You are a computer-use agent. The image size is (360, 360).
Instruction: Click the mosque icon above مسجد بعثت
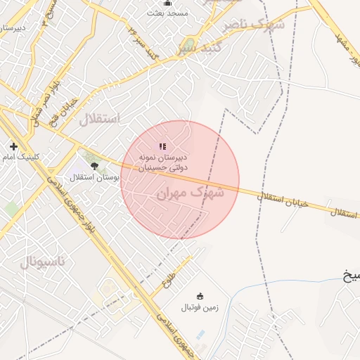(x=166, y=3)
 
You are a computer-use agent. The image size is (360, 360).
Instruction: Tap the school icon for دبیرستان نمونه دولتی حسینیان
(x=162, y=146)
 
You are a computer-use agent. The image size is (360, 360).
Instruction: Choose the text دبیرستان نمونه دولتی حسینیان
(x=162, y=163)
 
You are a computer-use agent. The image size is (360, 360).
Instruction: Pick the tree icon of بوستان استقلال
(x=95, y=166)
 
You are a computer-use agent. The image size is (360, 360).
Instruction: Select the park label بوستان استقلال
(x=95, y=177)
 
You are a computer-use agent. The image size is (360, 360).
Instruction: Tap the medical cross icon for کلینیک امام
(x=13, y=146)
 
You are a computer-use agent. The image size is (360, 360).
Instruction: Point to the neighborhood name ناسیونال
(x=41, y=262)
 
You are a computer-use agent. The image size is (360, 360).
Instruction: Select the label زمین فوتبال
(x=200, y=307)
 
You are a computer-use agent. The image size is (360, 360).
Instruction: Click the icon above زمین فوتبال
(x=200, y=295)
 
